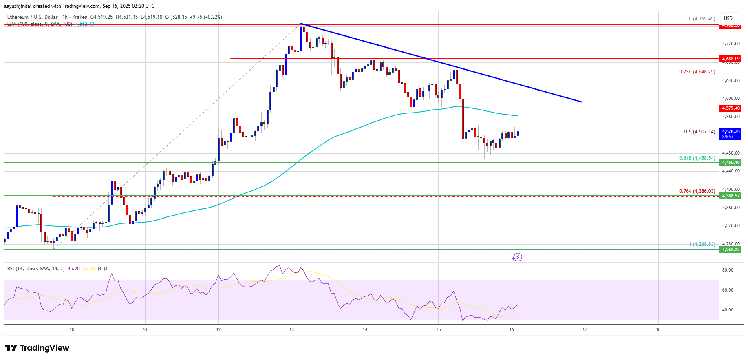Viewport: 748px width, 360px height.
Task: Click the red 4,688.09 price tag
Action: (731, 59)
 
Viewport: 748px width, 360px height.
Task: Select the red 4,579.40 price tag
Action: (731, 108)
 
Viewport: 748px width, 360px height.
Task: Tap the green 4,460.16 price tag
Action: (731, 162)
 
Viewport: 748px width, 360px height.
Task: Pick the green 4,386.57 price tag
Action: (731, 196)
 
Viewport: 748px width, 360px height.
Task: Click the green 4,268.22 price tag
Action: (731, 250)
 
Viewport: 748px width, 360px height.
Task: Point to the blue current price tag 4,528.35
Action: (731, 134)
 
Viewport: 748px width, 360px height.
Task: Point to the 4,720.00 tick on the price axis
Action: (731, 44)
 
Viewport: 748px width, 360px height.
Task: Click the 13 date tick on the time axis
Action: (292, 329)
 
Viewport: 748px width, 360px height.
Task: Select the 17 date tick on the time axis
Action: (585, 329)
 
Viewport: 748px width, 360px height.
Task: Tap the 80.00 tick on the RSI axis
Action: (728, 270)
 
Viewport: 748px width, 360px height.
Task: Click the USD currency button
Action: (728, 18)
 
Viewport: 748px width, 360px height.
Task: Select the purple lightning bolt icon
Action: (517, 257)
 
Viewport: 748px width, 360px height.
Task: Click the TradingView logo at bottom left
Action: (37, 348)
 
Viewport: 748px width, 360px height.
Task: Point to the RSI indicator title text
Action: (36, 269)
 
